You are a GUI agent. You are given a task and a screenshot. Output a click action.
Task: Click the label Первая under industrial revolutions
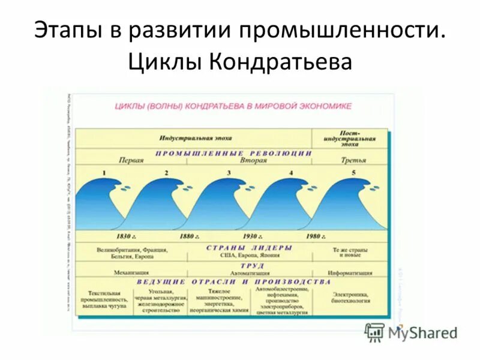pyautogui.click(x=131, y=161)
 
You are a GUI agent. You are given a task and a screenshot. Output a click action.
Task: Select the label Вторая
pyautogui.click(x=253, y=161)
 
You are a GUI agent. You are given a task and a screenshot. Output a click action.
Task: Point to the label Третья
pyautogui.click(x=353, y=161)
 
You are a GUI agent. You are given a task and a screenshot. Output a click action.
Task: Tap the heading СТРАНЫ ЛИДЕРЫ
pyautogui.click(x=249, y=247)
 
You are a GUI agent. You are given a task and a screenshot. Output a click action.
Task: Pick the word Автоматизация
pyautogui.click(x=249, y=273)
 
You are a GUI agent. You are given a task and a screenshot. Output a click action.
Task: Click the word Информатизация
pyautogui.click(x=351, y=273)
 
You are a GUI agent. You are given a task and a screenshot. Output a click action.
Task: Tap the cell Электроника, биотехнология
pyautogui.click(x=351, y=298)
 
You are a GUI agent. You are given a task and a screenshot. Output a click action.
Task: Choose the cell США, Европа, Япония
pyautogui.click(x=249, y=255)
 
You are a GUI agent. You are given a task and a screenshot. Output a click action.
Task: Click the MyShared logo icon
pyautogui.click(x=374, y=331)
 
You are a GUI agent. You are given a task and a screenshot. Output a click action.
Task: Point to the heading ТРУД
pyautogui.click(x=251, y=265)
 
